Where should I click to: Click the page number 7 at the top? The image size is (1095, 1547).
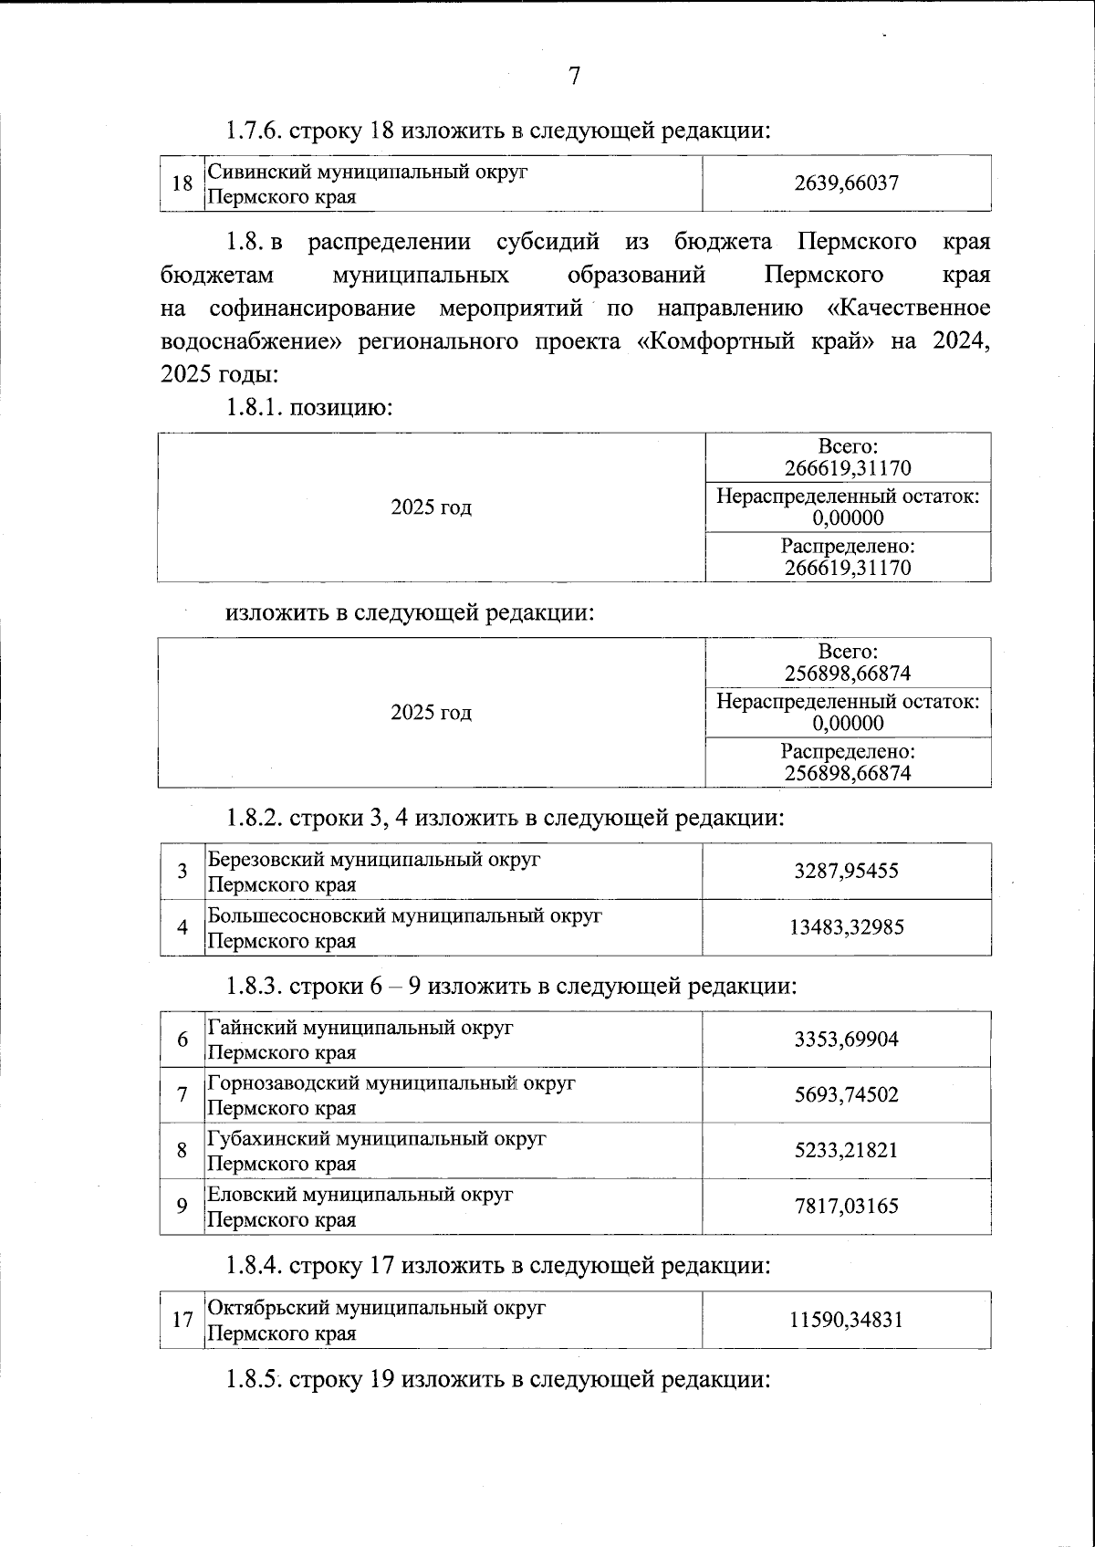click(x=574, y=77)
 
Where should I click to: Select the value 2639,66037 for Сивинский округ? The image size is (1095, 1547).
click(x=846, y=183)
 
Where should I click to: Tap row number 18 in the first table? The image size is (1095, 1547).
click(x=182, y=183)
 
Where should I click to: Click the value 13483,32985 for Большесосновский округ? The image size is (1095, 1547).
click(x=846, y=927)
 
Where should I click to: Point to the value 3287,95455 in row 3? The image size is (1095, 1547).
click(x=846, y=871)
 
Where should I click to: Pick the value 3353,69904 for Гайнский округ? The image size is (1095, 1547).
click(x=846, y=1040)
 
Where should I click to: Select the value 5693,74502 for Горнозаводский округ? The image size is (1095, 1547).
click(x=846, y=1094)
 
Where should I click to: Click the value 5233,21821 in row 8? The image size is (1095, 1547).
click(x=846, y=1150)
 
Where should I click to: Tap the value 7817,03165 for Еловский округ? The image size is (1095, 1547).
click(x=846, y=1207)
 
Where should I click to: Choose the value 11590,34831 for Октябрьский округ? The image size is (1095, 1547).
click(x=846, y=1320)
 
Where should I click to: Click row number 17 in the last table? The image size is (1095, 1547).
click(x=182, y=1320)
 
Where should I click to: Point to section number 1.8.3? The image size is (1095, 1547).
click(x=255, y=987)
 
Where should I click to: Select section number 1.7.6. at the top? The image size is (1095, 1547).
click(x=255, y=131)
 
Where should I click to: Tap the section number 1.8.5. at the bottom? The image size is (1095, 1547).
click(x=255, y=1379)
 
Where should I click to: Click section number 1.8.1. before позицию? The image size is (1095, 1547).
click(x=255, y=407)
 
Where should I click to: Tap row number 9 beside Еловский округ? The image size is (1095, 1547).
click(x=182, y=1207)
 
